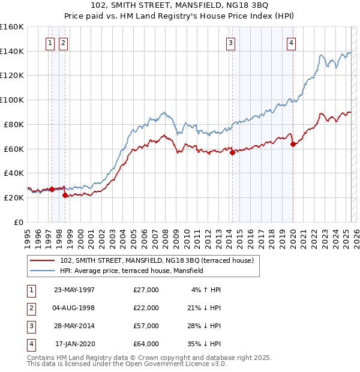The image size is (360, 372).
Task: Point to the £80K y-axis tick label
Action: [14, 124]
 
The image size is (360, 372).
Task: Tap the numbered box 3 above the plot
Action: [230, 43]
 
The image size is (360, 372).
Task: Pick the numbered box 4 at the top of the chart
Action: [291, 43]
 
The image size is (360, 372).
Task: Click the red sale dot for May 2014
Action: [233, 152]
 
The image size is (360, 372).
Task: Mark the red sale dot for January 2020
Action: [293, 144]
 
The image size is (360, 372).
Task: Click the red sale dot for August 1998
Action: [65, 195]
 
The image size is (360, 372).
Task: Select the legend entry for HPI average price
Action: [131, 271]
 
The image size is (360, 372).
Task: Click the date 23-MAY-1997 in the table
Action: [74, 290]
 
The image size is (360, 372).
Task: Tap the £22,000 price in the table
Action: [146, 308]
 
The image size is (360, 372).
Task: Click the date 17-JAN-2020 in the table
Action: [74, 344]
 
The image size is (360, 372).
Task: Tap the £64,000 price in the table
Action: [146, 344]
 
